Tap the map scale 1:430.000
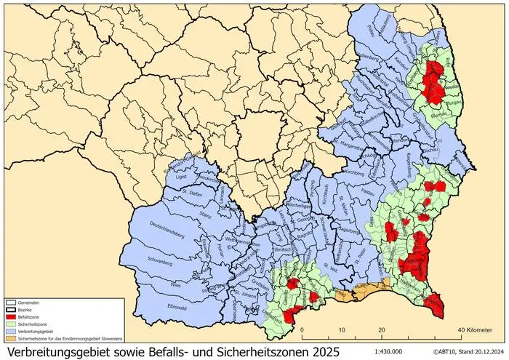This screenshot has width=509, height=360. click(390, 351)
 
